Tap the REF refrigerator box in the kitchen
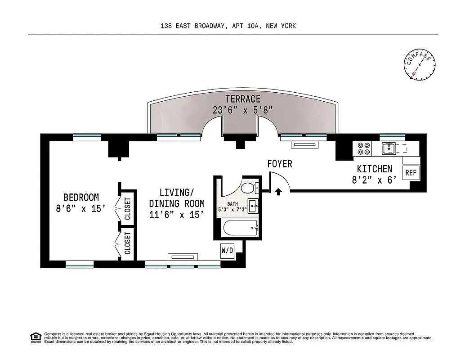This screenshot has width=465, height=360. [411, 172]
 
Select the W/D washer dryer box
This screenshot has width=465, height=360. [227, 251]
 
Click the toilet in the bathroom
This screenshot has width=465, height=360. [248, 187]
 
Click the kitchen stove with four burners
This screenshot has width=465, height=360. [363, 148]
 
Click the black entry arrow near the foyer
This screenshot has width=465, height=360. [278, 192]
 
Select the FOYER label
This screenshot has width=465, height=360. [279, 164]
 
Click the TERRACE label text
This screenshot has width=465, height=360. [243, 99]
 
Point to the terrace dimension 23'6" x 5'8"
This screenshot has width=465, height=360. [243, 110]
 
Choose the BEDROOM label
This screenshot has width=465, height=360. [81, 197]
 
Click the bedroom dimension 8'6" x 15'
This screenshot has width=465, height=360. [81, 208]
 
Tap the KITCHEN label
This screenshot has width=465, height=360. [374, 169]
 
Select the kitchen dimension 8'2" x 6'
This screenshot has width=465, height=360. [374, 180]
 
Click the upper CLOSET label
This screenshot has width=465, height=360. [127, 209]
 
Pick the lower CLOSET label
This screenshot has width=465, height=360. [127, 243]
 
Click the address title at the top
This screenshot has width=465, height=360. [228, 26]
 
